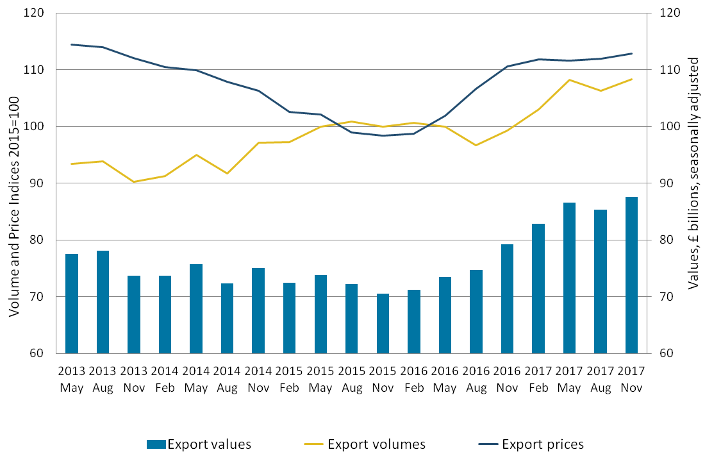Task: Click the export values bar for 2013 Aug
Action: click(103, 301)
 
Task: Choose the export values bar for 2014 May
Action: click(196, 308)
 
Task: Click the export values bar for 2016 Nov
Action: click(507, 298)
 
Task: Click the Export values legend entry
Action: click(199, 444)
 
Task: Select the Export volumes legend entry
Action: click(365, 444)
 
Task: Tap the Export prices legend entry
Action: click(531, 444)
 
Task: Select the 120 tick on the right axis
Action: click(661, 13)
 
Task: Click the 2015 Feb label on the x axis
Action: click(289, 380)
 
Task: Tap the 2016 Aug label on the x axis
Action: click(476, 380)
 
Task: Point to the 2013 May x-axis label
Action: click(71, 380)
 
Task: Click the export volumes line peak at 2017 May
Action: click(569, 80)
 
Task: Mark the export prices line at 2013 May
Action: click(72, 45)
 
